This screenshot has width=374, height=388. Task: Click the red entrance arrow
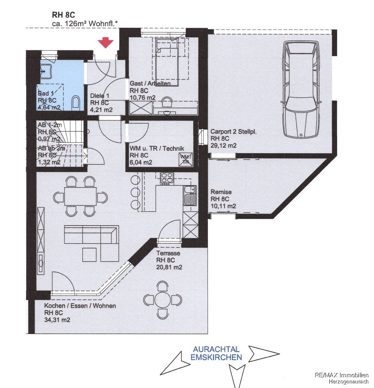pos(105,43)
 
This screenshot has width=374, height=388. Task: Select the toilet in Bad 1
pos(75,103)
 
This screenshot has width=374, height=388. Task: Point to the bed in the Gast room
pos(167,63)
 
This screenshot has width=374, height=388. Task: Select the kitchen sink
pos(190,195)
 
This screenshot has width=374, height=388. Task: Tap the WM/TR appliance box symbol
pos(186,159)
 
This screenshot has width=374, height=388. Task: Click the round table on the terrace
pos(162,300)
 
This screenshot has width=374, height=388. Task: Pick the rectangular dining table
pos(80,197)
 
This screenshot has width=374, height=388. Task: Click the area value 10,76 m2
pos(142,98)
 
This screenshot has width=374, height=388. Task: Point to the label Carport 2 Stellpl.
pos(233,132)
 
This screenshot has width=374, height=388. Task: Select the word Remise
pos(221,192)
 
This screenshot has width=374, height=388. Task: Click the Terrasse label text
pos(168,253)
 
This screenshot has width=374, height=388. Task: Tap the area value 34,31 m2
pos(57,320)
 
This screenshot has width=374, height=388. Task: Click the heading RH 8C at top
pos(64,15)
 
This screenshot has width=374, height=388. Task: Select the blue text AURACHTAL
pos(216,349)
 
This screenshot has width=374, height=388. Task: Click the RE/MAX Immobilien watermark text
pos(342,375)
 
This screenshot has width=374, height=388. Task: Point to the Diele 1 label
pos(100,96)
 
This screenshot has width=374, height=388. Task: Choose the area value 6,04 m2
pos(141,162)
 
